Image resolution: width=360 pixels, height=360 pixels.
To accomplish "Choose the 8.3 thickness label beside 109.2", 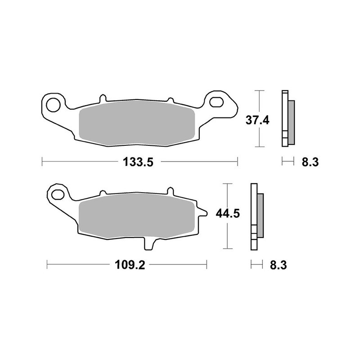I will coord(279,265).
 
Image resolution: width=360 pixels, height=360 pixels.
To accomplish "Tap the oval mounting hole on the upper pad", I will coord(216,101).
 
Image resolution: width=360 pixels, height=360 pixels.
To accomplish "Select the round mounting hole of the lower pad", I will coord(58,194).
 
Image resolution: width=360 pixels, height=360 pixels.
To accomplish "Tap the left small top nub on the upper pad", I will coord(103,97).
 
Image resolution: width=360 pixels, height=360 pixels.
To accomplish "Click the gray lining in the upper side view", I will coord(291,119).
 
